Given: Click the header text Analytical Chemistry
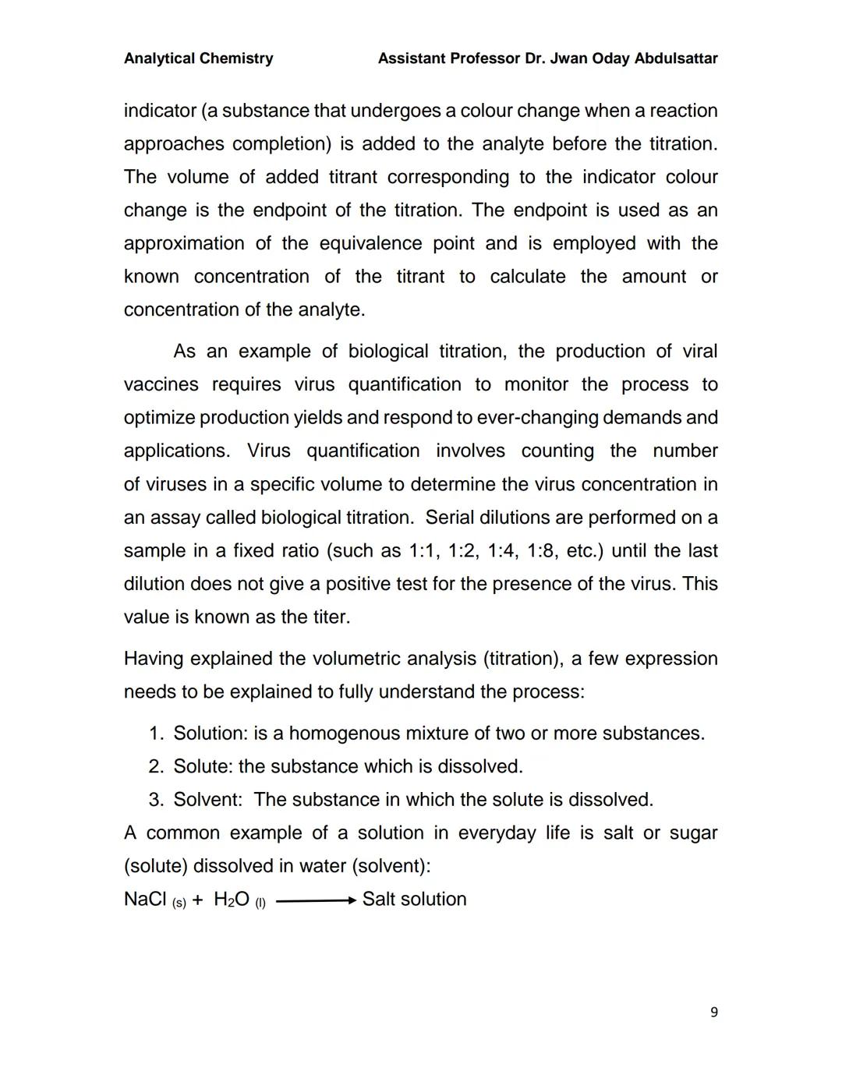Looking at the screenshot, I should (198, 58).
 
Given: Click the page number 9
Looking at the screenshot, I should (714, 1013).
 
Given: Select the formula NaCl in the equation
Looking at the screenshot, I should (145, 899).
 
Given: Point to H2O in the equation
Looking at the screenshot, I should (231, 900).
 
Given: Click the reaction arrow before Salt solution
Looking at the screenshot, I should (316, 901).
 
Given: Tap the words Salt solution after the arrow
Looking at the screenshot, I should (414, 899).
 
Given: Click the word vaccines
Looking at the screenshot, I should (161, 385).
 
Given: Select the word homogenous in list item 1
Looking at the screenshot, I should (340, 734).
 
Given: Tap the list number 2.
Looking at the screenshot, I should (155, 767).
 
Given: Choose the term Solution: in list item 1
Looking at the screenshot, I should (210, 734).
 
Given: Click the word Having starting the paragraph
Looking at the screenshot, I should (154, 659).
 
